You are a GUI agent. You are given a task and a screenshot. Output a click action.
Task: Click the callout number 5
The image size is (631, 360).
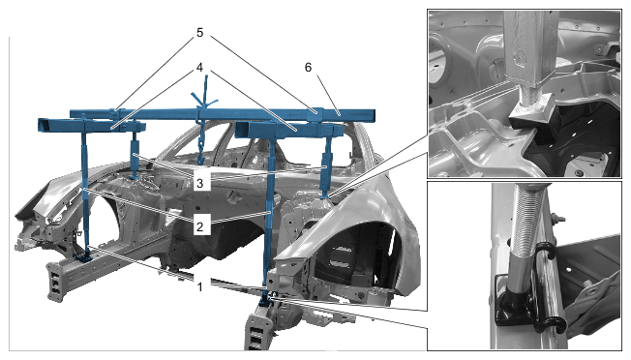[200, 33]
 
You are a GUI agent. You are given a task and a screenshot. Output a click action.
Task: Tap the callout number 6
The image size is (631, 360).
[308, 67]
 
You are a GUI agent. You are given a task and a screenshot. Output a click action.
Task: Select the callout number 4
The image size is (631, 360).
[199, 67]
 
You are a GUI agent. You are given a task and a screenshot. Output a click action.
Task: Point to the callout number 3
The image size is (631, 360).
[200, 184]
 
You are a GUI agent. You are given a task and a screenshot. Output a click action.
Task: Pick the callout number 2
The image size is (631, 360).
[200, 226]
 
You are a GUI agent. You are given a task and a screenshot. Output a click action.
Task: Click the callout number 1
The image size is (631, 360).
[200, 287]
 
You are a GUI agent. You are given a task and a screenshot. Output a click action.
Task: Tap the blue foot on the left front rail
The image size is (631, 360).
[85, 256]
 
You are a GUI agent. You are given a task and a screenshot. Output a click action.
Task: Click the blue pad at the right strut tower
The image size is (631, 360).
[327, 195]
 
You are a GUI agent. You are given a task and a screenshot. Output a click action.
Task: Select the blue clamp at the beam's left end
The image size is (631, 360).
[115, 112]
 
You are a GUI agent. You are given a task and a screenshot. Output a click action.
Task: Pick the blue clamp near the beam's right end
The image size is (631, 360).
[316, 114]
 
